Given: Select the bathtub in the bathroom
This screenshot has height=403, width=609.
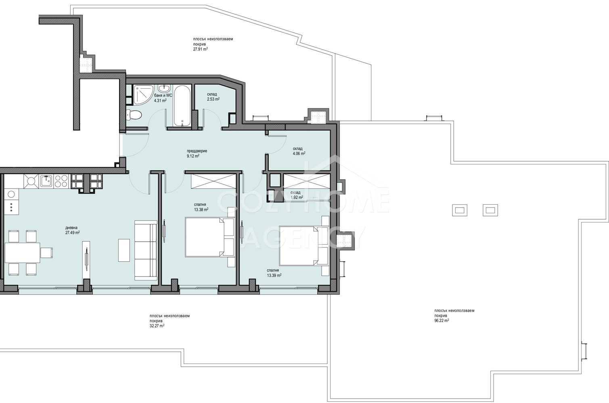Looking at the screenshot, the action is point(182,106).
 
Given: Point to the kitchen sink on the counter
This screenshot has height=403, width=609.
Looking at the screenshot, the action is point(46,181).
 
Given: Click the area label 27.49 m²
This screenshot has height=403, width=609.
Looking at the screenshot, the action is point(72,233).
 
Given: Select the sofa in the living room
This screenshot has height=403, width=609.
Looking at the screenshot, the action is point(146,250).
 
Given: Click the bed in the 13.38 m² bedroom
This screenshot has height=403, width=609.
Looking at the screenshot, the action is point(209,237).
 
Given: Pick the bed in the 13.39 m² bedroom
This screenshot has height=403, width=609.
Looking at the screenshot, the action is point(304,245).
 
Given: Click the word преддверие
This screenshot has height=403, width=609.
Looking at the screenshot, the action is point(197,151).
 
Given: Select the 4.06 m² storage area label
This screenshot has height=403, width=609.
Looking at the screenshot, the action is point(299,153).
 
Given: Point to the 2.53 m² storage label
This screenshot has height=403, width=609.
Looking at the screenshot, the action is point(213,99).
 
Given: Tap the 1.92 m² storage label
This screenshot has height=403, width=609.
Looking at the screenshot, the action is point(297,197).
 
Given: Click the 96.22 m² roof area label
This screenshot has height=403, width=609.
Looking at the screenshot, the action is point(442,320).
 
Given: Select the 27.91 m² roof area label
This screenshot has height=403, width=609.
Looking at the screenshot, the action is point(201,49).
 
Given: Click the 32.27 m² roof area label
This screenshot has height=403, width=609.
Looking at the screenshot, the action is point(157,326).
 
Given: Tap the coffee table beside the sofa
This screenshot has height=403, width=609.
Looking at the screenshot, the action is point(124,250).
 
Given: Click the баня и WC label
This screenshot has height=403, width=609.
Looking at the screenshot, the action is point(163,96).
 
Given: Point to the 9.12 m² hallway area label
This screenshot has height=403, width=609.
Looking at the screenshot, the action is point(193,156).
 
